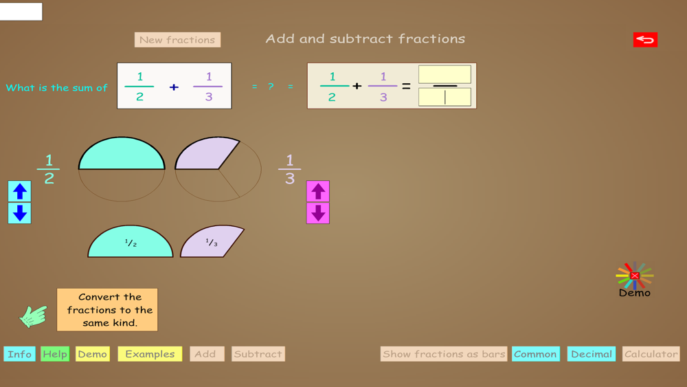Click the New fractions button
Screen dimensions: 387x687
tap(177, 40)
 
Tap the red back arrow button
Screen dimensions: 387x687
tap(645, 40)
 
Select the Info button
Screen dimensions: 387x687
tap(19, 354)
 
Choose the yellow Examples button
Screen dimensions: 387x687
tap(150, 354)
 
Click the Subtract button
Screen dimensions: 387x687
tap(258, 354)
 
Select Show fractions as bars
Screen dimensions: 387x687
tap(444, 354)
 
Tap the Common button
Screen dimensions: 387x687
tap(535, 354)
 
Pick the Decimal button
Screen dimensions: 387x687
tap(592, 354)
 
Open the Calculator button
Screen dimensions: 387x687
tap(651, 354)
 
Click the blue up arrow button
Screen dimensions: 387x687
tap(20, 191)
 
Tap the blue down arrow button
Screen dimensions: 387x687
tap(20, 213)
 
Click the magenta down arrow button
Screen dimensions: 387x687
tap(317, 213)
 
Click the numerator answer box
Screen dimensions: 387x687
tap(444, 74)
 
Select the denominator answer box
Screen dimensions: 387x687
tap(444, 97)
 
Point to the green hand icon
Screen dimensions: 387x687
tap(33, 316)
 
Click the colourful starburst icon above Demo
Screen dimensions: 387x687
tap(634, 276)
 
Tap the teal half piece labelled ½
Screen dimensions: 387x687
tap(131, 243)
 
